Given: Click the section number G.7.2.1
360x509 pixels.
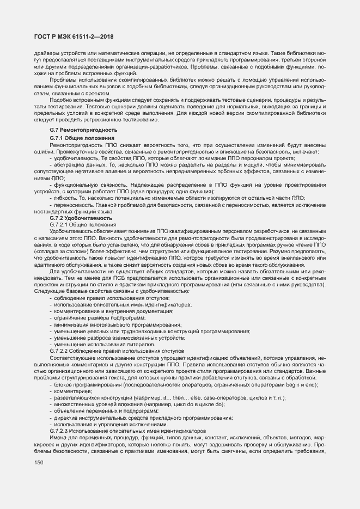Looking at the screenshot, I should [60, 224].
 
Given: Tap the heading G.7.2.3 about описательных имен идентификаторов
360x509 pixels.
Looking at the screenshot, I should [127, 431].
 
